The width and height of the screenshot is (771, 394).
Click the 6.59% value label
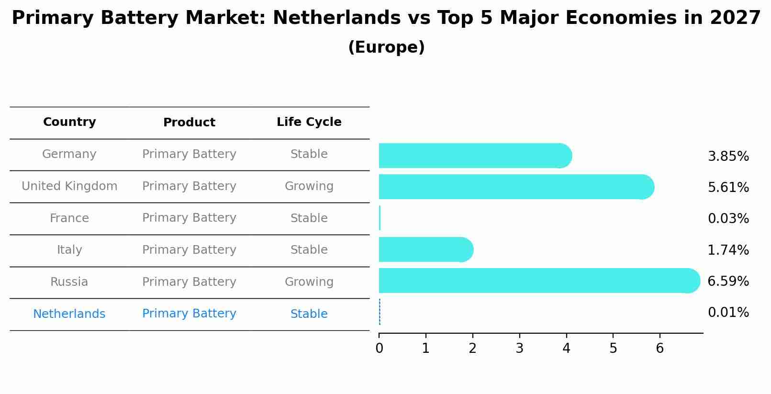728,281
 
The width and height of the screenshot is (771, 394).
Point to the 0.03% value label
728,218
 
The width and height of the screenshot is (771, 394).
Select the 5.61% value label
728,187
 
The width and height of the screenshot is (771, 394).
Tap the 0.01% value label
728,313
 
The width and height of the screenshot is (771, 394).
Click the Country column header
69,122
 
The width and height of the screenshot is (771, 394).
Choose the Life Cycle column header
309,122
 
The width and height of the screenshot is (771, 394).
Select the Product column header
189,123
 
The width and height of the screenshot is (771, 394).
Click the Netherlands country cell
69,314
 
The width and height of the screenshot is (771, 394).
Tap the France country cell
69,218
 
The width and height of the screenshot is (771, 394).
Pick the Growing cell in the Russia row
309,282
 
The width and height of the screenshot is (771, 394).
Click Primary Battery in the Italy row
189,250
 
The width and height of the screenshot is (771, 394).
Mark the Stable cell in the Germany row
309,154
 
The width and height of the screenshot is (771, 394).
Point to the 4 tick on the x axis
566,348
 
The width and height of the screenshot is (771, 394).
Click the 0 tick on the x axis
379,348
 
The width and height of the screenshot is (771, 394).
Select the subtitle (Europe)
386,47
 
